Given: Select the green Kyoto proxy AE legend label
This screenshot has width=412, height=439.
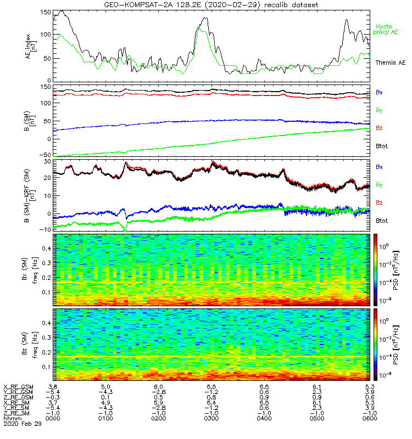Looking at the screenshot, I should point(386,29).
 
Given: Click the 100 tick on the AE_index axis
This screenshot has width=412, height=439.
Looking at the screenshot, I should point(46,35).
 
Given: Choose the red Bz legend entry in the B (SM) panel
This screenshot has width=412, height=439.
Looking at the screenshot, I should point(379,128).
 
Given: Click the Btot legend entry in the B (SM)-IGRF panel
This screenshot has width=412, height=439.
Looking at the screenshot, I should point(382,221).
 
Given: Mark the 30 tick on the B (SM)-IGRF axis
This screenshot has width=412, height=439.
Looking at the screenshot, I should point(47,162).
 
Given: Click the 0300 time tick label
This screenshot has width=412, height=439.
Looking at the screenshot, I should point(210,419).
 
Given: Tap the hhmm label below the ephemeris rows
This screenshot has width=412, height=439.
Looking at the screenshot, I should point(10,419).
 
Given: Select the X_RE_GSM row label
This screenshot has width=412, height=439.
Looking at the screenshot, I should point(18,387).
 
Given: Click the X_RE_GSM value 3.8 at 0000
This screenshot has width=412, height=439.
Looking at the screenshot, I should point(54,387).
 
